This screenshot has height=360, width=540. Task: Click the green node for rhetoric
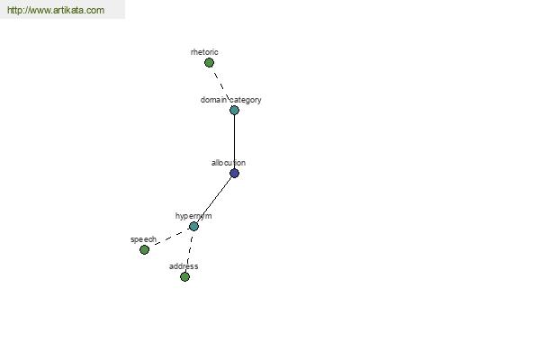(x=209, y=63)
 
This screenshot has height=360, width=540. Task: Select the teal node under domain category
(x=234, y=110)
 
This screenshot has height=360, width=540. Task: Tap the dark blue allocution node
(x=234, y=174)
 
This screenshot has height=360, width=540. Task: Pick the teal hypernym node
(x=193, y=226)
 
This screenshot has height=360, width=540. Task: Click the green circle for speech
(x=144, y=250)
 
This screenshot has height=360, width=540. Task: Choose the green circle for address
(x=184, y=276)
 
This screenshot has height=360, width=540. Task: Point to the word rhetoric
(x=204, y=52)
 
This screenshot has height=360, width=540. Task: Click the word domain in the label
(x=213, y=100)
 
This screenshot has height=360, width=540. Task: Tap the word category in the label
(x=246, y=100)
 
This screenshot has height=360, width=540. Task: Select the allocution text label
(x=229, y=163)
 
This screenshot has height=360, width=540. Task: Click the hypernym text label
(x=193, y=216)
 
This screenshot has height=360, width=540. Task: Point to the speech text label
(x=144, y=239)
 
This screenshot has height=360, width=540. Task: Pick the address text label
(x=184, y=266)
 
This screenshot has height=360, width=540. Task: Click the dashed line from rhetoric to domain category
(x=221, y=86)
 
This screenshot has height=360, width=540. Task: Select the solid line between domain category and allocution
(x=234, y=141)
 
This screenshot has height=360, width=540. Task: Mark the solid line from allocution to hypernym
(x=214, y=200)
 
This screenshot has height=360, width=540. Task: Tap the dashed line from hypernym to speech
(x=169, y=238)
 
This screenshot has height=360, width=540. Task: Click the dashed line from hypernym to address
(x=189, y=251)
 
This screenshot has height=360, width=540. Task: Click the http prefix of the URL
(x=15, y=10)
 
